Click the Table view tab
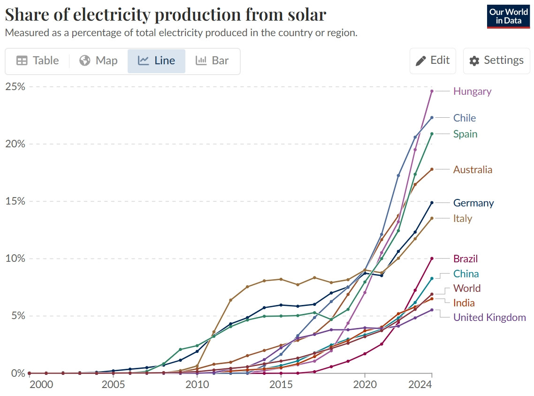click(x=38, y=61)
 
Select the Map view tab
click(x=99, y=61)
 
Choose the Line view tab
click(x=156, y=61)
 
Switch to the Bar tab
click(x=212, y=61)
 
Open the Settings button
click(x=496, y=61)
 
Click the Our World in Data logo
click(x=509, y=16)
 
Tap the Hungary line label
click(x=472, y=91)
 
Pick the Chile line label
click(x=464, y=118)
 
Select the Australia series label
click(x=473, y=169)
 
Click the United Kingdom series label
click(x=489, y=317)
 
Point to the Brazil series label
click(x=465, y=259)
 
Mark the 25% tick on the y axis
click(x=15, y=87)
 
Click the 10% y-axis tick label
click(x=15, y=259)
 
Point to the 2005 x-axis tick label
click(x=113, y=384)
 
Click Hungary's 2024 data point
click(x=432, y=91)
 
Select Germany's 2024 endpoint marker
click(x=432, y=203)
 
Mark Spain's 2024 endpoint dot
click(x=432, y=134)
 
